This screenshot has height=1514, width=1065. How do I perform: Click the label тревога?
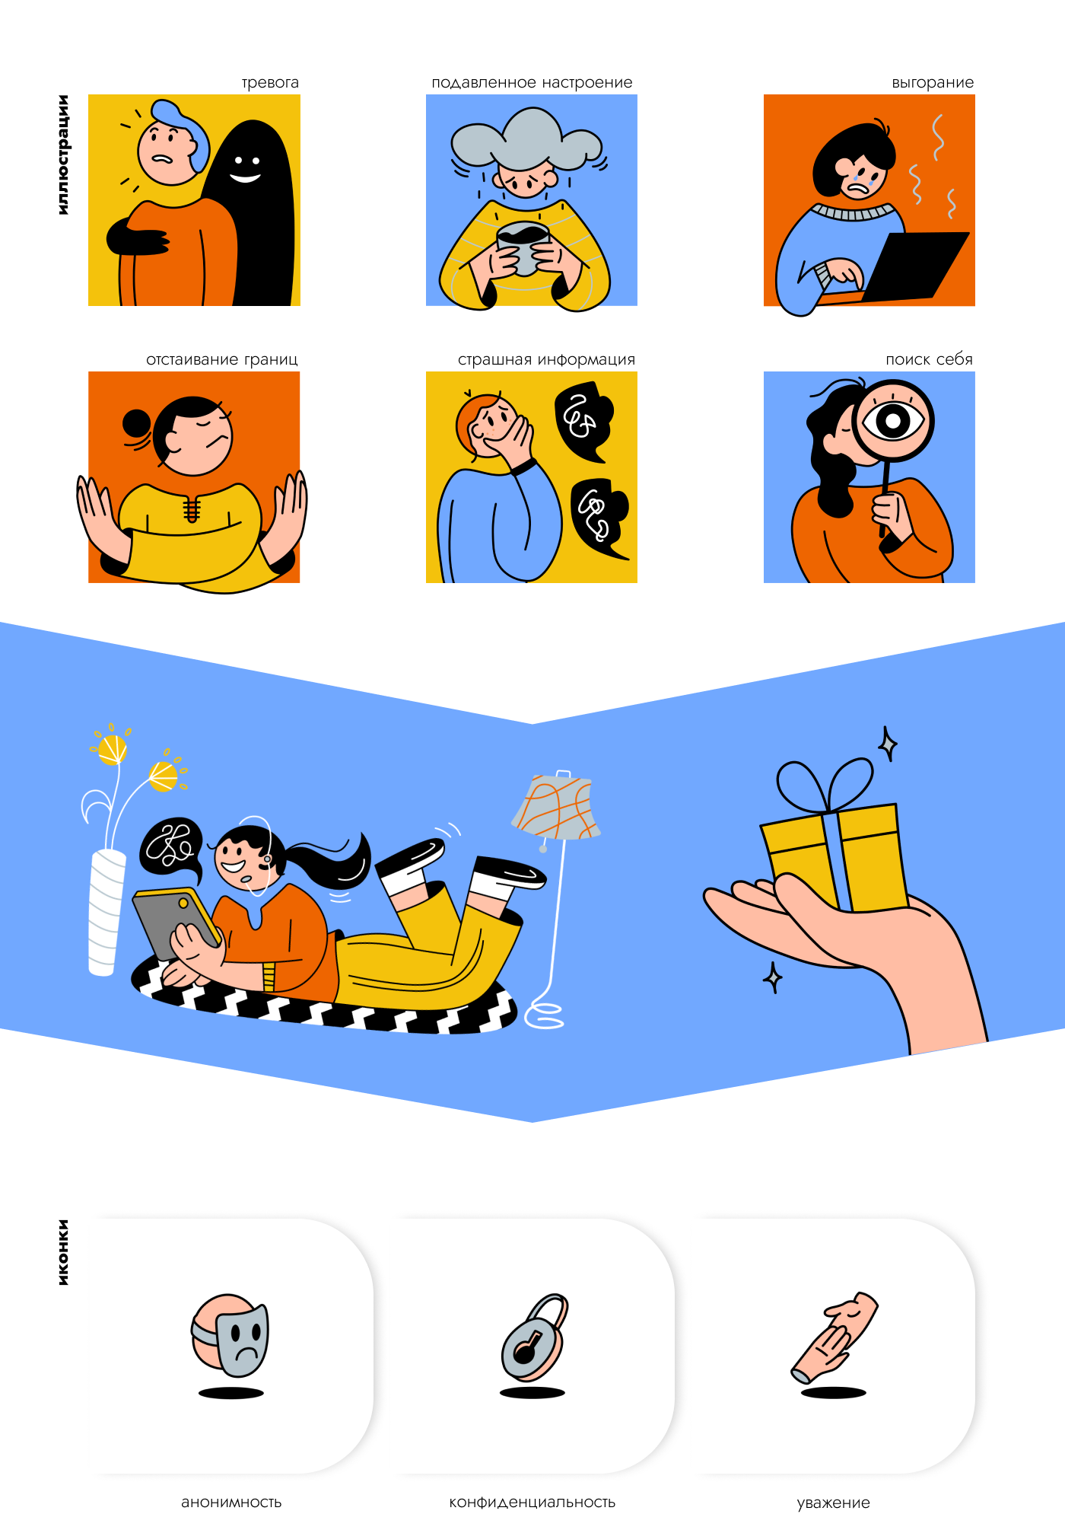tap(270, 82)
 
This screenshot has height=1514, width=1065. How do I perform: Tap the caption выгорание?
tap(933, 82)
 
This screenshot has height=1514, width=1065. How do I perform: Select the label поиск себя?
tap(929, 359)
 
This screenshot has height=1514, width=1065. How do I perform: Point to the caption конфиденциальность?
tap(532, 1502)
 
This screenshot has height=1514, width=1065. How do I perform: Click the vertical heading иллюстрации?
tap(63, 155)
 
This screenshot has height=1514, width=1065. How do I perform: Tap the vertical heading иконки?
tap(63, 1252)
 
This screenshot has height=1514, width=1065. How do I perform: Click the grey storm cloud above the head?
tap(526, 139)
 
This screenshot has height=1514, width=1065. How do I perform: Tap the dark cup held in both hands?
tap(523, 248)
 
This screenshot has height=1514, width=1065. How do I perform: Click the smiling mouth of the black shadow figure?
tap(245, 177)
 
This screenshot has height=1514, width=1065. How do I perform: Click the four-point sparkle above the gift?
tap(887, 744)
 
